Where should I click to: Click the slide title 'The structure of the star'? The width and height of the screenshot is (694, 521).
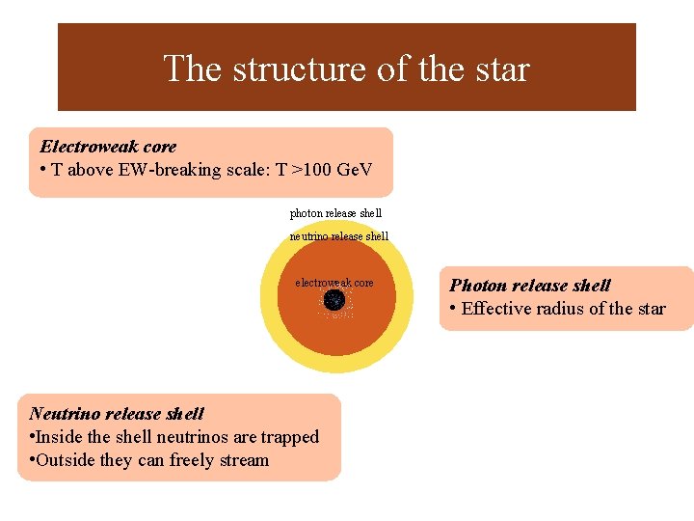346,69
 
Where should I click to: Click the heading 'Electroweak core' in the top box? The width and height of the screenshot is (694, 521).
108,147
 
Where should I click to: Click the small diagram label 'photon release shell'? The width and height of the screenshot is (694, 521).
335,213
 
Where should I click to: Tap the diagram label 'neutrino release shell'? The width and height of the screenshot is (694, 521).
339,236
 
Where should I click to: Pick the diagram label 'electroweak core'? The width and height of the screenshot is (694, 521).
334,283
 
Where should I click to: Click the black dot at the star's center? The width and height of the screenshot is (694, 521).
334,301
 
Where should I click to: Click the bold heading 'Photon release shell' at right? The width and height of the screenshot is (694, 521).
530,286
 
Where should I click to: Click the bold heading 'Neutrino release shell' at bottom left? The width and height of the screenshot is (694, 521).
117,414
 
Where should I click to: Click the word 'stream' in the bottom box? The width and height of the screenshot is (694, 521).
245,460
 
